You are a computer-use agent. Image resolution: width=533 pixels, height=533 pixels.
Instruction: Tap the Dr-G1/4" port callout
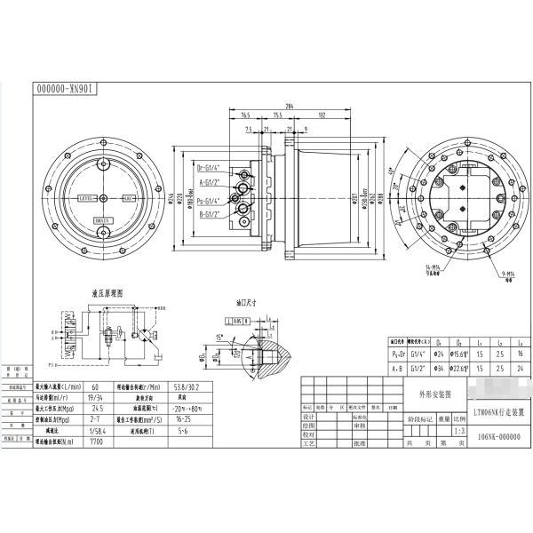[210, 166]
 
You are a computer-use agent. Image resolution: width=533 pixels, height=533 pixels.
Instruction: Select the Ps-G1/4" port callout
[210, 200]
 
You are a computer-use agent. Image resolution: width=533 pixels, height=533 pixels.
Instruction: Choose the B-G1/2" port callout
[210, 213]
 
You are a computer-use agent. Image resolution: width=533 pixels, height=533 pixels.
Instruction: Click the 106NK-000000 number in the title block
[492, 436]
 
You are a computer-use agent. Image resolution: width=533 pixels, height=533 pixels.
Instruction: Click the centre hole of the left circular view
[103, 199]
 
